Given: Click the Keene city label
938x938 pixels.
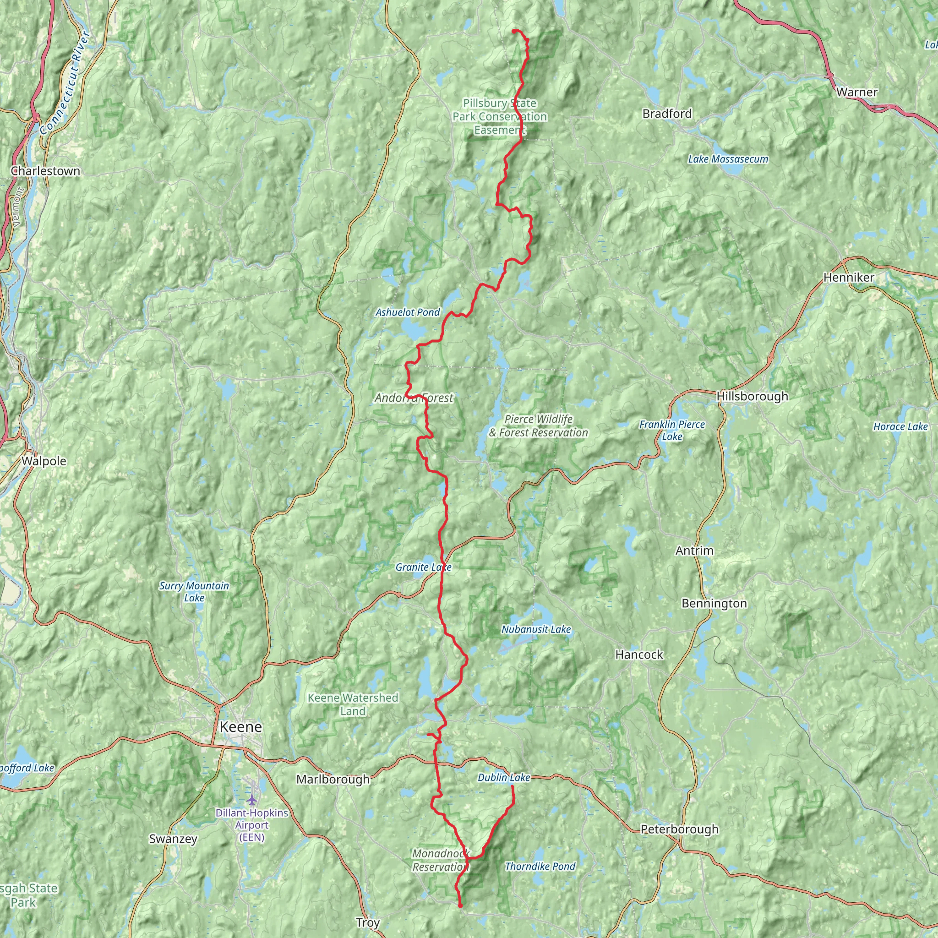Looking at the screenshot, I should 240,727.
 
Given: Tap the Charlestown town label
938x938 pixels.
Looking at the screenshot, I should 45,171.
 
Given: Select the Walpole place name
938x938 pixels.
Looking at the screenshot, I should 44,461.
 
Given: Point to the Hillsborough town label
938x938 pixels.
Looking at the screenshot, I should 752,396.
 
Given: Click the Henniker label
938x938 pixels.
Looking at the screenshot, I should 849,277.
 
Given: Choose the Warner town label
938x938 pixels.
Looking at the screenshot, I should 857,92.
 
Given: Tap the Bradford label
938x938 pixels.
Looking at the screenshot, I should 666,114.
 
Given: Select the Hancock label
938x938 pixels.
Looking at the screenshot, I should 638,654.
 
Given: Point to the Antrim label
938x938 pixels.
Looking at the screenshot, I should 694,551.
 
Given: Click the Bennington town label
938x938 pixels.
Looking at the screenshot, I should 714,603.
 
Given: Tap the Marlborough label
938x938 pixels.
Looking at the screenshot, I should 333,779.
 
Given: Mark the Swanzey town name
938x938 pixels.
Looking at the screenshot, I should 173,839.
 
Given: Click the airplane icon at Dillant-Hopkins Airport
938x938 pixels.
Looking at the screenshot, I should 251,799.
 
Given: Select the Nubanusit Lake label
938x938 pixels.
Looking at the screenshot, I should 536,629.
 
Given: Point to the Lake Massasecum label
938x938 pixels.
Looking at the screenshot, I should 728,159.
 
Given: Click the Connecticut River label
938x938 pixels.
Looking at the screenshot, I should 65,82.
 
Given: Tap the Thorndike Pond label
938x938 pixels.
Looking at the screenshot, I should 540,866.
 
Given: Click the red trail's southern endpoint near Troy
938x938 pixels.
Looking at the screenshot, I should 460,905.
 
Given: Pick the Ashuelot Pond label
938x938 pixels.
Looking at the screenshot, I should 407,312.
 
